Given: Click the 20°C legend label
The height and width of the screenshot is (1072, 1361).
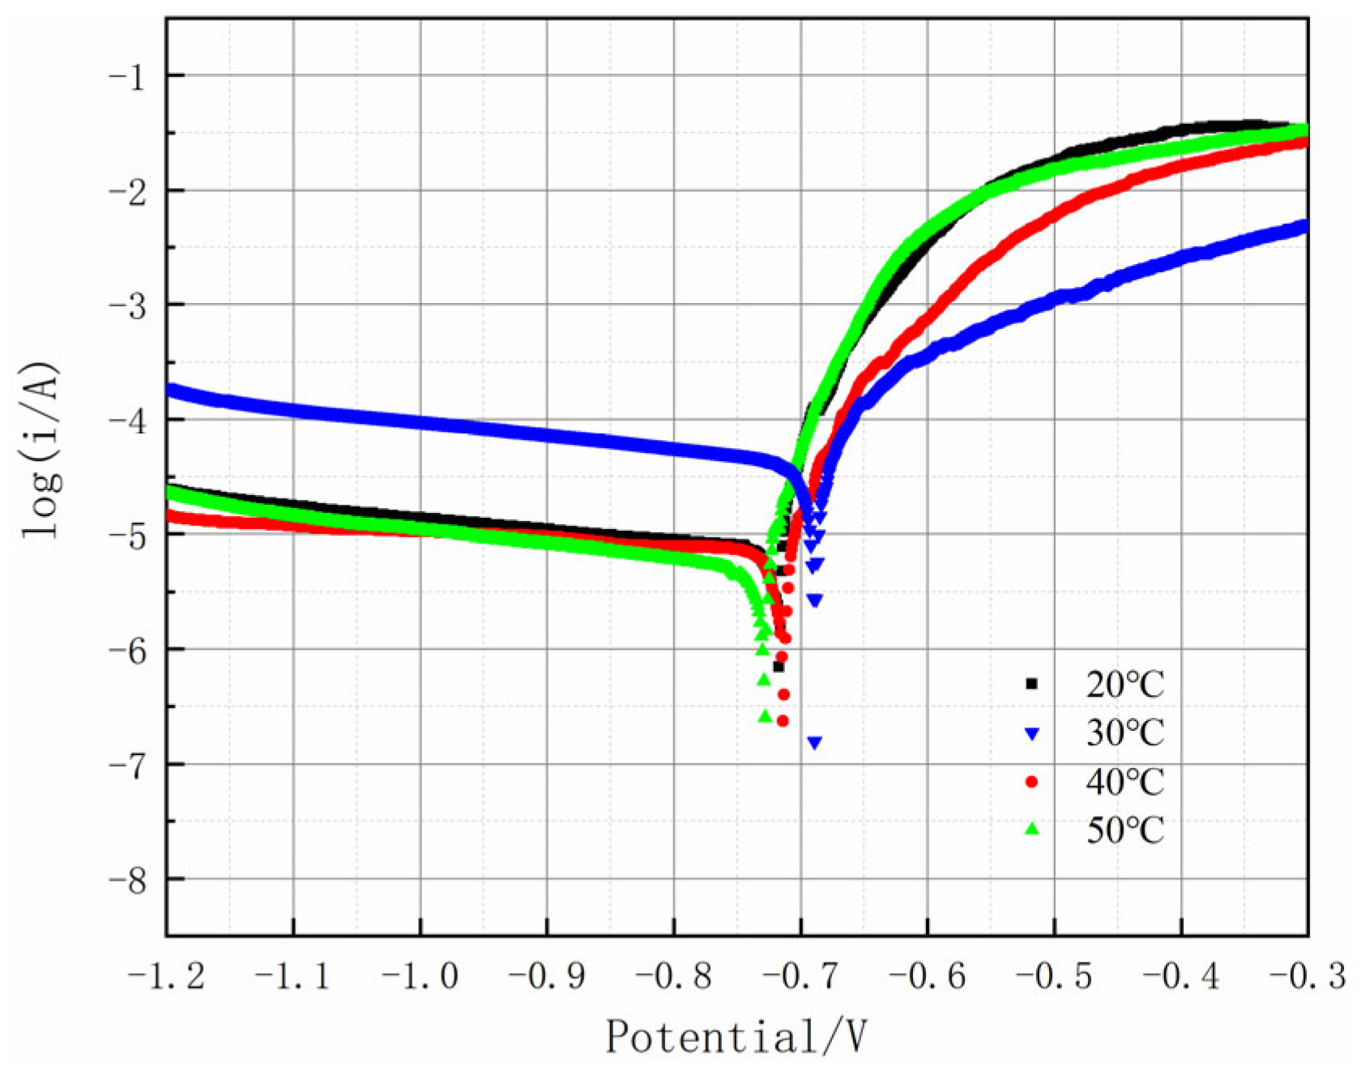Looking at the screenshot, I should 1124,685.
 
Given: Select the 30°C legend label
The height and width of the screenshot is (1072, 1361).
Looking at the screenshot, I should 1124,733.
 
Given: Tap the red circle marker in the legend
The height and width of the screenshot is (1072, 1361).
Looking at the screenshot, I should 1031,782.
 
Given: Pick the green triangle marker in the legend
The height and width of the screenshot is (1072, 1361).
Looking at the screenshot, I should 1031,829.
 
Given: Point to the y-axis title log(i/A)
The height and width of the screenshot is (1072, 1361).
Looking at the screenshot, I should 41,451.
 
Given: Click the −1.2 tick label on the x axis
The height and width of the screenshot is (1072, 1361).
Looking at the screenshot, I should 166,976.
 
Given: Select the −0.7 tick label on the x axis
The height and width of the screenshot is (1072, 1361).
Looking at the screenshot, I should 800,976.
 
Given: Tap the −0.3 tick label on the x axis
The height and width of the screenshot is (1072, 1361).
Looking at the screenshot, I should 1306,976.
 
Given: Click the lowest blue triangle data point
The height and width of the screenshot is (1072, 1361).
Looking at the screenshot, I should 815,742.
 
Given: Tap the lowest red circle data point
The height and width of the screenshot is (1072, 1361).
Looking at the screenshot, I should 783,720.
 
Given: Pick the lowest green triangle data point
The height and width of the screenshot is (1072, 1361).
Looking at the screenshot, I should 765,716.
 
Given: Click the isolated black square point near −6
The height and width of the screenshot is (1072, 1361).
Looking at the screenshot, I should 779,667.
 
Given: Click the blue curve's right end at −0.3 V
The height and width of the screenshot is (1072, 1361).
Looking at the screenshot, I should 1303,226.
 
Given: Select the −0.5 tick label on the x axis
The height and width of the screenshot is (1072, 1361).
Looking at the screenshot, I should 1053,976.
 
